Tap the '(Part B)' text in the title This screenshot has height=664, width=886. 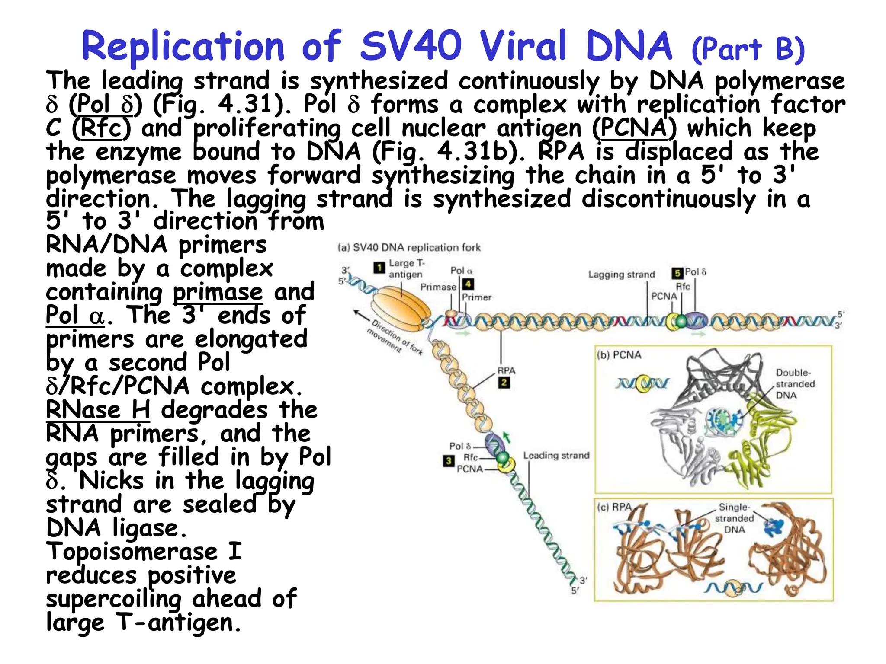[748, 49]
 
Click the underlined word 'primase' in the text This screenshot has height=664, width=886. [218, 292]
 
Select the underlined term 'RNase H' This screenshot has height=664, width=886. [98, 410]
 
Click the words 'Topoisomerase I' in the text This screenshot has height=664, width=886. [144, 552]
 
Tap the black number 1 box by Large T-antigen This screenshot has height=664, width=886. [379, 268]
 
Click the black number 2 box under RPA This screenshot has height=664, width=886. [504, 383]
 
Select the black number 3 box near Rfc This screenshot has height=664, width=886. [448, 461]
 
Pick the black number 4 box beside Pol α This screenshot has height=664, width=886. [468, 284]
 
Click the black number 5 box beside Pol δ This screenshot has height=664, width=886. [677, 273]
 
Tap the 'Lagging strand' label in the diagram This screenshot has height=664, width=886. [621, 275]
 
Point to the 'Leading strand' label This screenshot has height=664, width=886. [556, 455]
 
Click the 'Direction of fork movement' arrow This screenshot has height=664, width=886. [362, 314]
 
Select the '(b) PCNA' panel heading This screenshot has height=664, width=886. [619, 355]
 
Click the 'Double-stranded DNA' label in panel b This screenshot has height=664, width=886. [795, 383]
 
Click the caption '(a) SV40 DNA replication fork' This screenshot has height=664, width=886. [409, 248]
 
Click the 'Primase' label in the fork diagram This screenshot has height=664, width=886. [438, 287]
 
